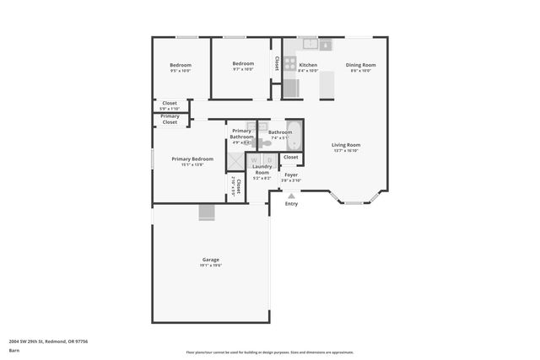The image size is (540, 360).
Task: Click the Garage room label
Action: (210, 259)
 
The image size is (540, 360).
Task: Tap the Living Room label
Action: (345, 145)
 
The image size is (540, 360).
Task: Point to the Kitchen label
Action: (308, 65)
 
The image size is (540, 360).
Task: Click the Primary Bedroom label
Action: (192, 159)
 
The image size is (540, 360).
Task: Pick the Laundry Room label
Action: (262, 169)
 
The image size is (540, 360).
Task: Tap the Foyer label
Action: (291, 175)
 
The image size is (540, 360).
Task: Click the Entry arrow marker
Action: (291, 196)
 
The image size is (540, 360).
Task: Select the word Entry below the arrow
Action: (291, 204)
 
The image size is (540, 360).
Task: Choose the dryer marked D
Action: (268, 159)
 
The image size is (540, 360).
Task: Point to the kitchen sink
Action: (309, 44)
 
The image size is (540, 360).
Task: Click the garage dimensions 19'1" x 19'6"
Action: (210, 266)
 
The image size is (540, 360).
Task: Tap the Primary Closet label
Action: (170, 119)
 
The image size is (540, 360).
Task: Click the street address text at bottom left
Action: (48, 341)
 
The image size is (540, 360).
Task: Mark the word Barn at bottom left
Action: (14, 350)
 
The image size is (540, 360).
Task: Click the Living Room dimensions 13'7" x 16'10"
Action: (345, 151)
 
